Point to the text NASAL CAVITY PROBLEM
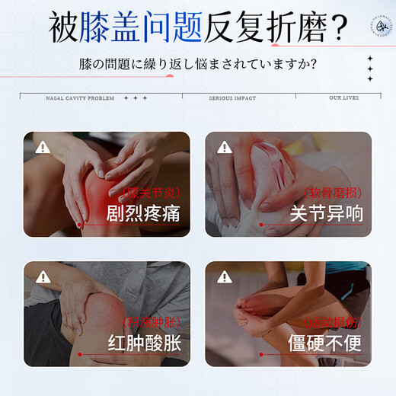(x=79, y=98)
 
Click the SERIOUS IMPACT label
(x=232, y=98)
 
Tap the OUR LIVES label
(x=345, y=98)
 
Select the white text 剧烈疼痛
(x=143, y=214)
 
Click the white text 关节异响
(x=326, y=214)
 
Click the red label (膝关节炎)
(x=154, y=193)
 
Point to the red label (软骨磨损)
(x=333, y=193)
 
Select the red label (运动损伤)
(x=333, y=323)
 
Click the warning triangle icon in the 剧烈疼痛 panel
(x=43, y=148)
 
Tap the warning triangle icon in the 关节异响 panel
(x=225, y=148)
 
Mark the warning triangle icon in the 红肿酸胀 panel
(x=43, y=276)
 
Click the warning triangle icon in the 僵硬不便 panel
(x=225, y=276)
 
